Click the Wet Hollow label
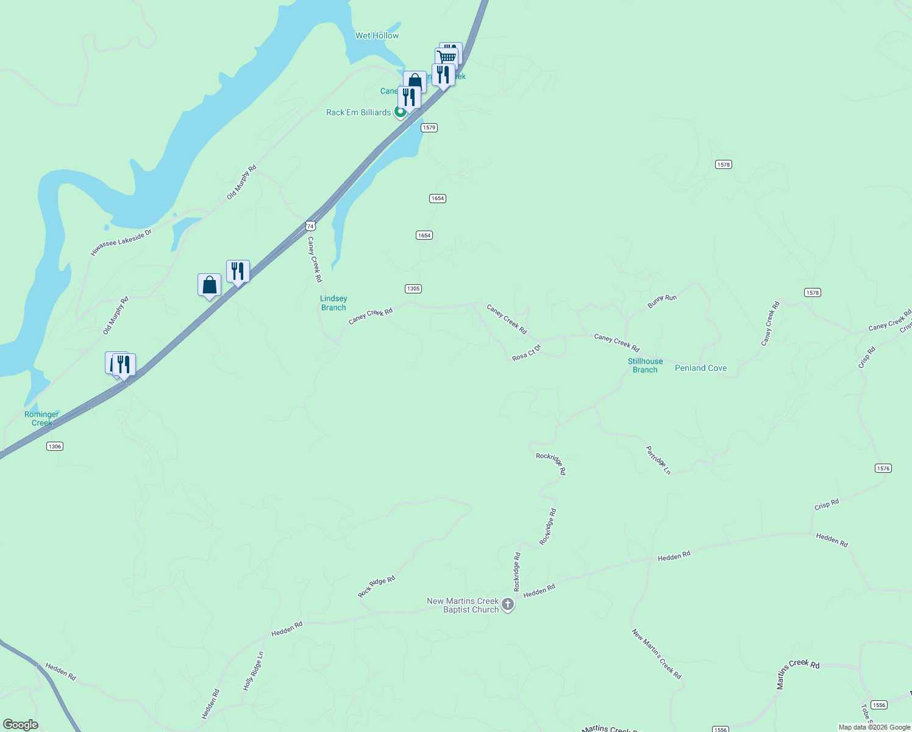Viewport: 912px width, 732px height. pyautogui.click(x=377, y=35)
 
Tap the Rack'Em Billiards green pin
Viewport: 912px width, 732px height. pyautogui.click(x=401, y=112)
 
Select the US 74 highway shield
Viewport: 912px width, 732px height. pyautogui.click(x=311, y=226)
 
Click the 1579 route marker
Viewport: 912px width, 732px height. pyautogui.click(x=429, y=127)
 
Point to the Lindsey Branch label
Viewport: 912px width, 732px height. pyautogui.click(x=333, y=303)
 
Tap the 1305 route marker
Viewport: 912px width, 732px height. pyautogui.click(x=413, y=289)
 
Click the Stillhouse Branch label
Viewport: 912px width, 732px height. pyautogui.click(x=645, y=365)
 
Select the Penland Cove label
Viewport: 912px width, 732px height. pyautogui.click(x=700, y=368)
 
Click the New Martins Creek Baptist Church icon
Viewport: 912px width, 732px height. pyautogui.click(x=508, y=605)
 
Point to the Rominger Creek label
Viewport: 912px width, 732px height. pyautogui.click(x=41, y=418)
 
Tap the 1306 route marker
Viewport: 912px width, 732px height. pyautogui.click(x=55, y=447)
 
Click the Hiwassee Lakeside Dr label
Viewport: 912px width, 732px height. pyautogui.click(x=121, y=243)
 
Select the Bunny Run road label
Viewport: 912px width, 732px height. pyautogui.click(x=662, y=301)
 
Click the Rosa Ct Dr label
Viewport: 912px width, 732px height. pyautogui.click(x=527, y=353)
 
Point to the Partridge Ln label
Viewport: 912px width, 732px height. pyautogui.click(x=658, y=461)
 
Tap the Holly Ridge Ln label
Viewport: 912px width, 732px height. pyautogui.click(x=253, y=671)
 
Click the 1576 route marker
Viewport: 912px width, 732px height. pyautogui.click(x=883, y=468)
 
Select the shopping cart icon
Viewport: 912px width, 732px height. pyautogui.click(x=447, y=57)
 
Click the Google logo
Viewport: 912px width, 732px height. pyautogui.click(x=21, y=725)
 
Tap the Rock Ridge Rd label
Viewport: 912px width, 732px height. pyautogui.click(x=377, y=586)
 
